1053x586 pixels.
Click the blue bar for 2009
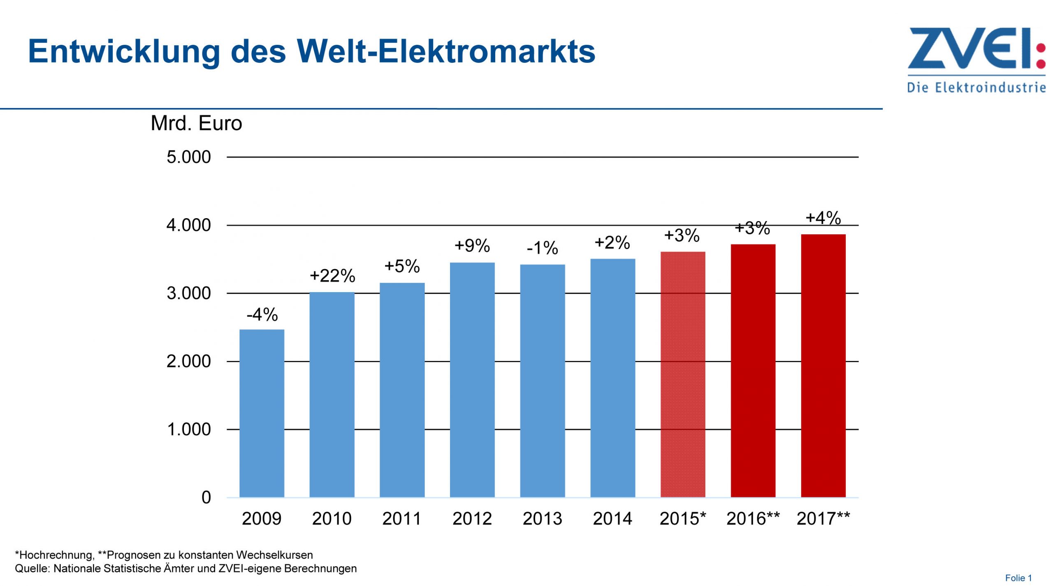click(262, 413)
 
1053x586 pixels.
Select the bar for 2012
click(472, 380)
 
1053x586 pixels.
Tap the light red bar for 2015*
click(683, 374)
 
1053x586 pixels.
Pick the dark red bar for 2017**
click(823, 366)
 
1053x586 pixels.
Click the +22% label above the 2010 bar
click(332, 276)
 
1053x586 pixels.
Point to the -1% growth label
click(542, 248)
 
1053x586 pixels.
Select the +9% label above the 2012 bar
click(472, 246)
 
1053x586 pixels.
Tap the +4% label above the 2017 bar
click(823, 218)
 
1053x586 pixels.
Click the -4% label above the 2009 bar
click(262, 315)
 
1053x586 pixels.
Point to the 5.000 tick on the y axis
click(189, 157)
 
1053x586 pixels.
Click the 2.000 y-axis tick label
click(189, 362)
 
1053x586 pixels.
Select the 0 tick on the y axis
click(206, 498)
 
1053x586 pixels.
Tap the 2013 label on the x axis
click(542, 519)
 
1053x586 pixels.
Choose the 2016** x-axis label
click(753, 519)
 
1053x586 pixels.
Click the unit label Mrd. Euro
click(196, 123)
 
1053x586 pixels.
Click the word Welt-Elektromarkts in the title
click(446, 51)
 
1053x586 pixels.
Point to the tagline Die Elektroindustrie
click(976, 88)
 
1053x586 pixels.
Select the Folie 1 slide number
click(1018, 578)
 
